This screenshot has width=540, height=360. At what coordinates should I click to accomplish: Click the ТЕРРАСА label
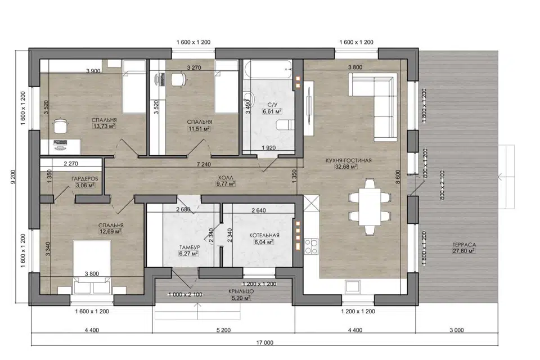pos(464,245)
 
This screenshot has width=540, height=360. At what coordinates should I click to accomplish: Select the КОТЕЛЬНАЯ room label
pos(264,235)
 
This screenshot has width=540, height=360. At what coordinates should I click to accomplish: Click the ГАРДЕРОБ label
pos(85,179)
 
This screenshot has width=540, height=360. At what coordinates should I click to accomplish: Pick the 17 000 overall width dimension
pos(265,343)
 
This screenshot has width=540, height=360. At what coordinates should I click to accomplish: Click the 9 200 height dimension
pos(13,177)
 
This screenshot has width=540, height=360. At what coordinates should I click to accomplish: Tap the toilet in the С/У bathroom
pos(285,125)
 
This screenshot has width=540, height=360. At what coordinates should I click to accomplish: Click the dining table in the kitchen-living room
pos(370,206)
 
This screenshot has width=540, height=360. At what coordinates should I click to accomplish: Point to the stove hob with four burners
pos(311,246)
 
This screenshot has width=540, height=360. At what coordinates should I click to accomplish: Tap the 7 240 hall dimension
pos(204,164)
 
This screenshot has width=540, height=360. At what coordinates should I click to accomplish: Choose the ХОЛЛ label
pos(225,177)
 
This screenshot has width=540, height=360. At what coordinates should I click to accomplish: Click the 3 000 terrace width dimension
pos(456,330)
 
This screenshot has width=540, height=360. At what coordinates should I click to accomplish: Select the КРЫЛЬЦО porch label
pos(241,291)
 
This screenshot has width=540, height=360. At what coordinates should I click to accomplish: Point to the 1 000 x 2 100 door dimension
pos(185,295)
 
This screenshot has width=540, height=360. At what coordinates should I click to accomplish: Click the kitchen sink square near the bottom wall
pos(353,286)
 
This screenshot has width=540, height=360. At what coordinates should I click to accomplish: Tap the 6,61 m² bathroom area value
pos(272,111)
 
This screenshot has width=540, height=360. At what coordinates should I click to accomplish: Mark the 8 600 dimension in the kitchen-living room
pos(398,177)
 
